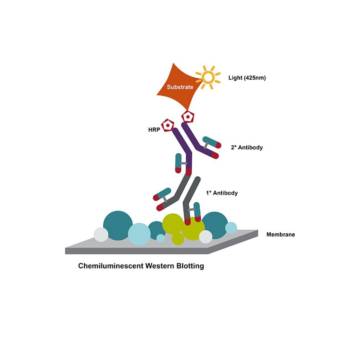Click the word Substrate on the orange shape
(x=180, y=87)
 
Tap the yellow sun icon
(x=208, y=78)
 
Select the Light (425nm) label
(x=247, y=78)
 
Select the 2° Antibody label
(x=247, y=147)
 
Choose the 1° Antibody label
(x=222, y=193)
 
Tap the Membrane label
(x=281, y=235)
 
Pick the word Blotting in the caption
(x=190, y=266)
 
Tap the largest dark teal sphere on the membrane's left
(x=118, y=225)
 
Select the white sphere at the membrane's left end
(x=101, y=235)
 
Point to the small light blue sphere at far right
(x=231, y=228)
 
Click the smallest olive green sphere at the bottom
(x=178, y=239)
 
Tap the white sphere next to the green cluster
(x=206, y=237)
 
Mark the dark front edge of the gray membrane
(x=137, y=251)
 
